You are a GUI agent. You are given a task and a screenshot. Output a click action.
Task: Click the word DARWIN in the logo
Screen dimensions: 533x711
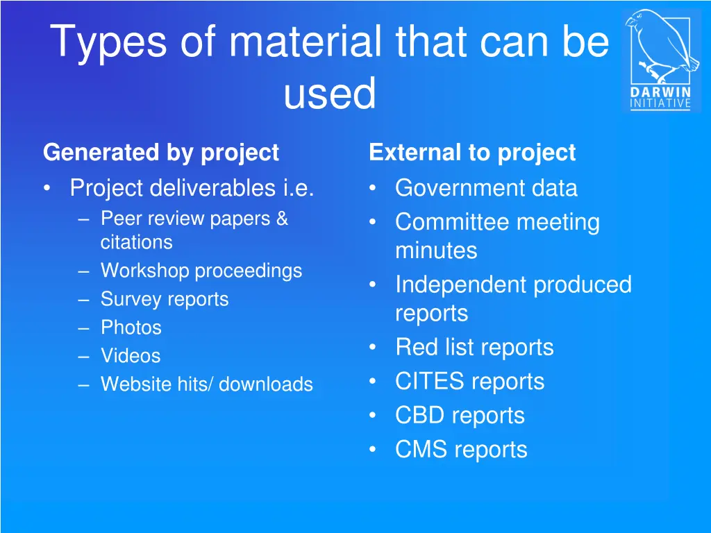pyautogui.click(x=660, y=92)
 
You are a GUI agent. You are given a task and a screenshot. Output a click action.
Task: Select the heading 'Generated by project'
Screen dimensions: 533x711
pyautogui.click(x=161, y=152)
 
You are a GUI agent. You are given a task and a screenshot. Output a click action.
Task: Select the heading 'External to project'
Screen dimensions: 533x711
pyautogui.click(x=472, y=152)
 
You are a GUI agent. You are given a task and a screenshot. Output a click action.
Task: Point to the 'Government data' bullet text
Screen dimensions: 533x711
pyautogui.click(x=486, y=188)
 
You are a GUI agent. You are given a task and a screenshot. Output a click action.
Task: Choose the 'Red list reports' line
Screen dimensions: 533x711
pyautogui.click(x=474, y=347)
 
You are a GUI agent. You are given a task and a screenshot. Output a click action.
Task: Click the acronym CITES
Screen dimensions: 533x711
pyautogui.click(x=428, y=381)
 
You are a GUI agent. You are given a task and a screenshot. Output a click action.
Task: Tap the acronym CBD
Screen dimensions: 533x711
pyautogui.click(x=421, y=415)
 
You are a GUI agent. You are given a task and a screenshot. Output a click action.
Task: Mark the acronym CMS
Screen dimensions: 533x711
pyautogui.click(x=421, y=450)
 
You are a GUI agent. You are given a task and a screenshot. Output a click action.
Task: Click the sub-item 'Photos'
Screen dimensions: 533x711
pyautogui.click(x=131, y=328)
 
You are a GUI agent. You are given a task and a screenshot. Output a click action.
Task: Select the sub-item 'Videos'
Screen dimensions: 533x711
pyautogui.click(x=131, y=356)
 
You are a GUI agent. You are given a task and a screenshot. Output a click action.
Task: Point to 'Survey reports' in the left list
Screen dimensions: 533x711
pyautogui.click(x=165, y=299)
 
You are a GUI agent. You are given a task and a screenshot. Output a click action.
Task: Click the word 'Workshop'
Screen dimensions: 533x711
pyautogui.click(x=144, y=271)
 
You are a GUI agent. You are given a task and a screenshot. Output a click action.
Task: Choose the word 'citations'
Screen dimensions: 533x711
pyautogui.click(x=136, y=242)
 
